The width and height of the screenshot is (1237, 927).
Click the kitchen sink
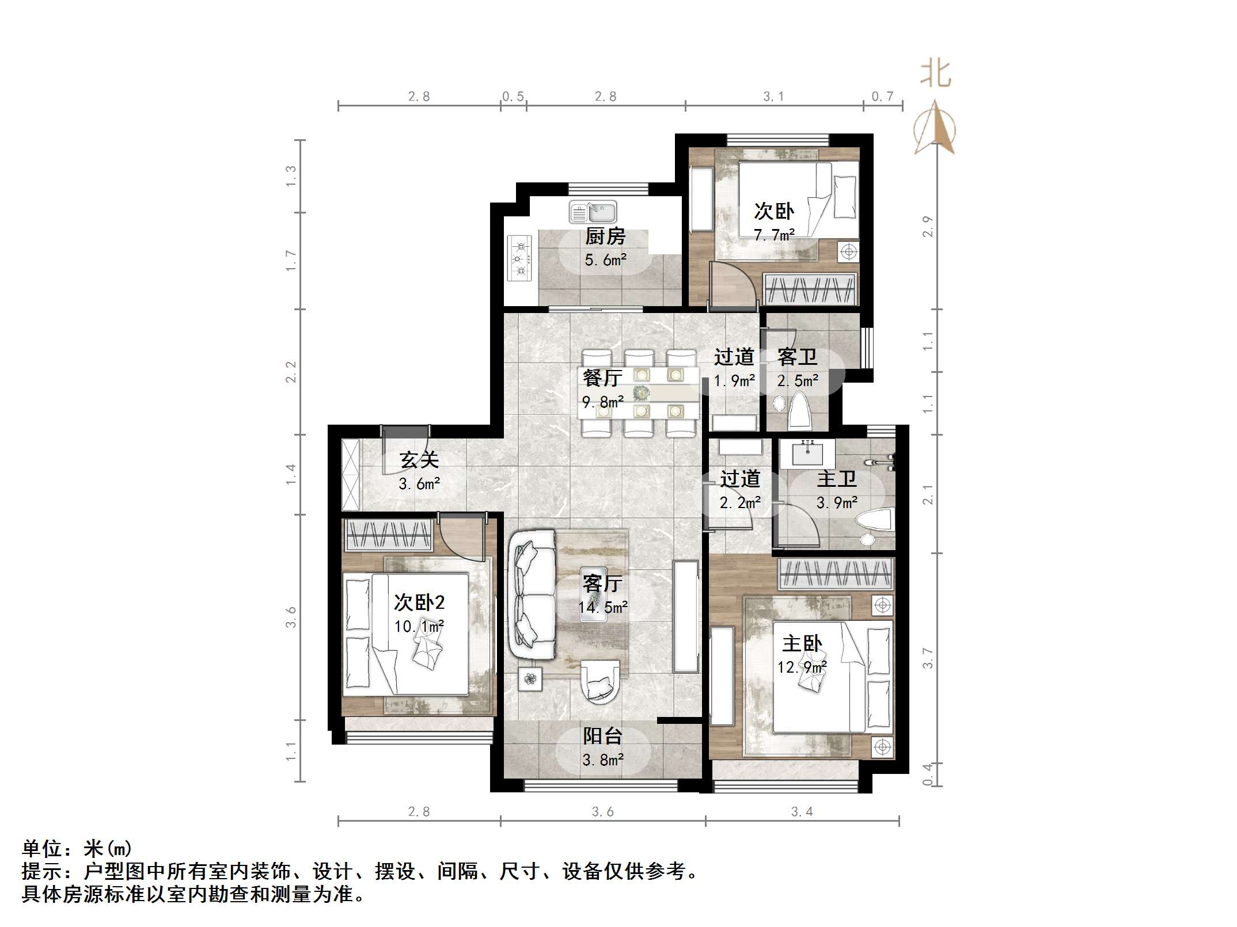593,212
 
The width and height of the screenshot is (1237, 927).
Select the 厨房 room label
605,236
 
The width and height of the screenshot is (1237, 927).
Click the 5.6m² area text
605,260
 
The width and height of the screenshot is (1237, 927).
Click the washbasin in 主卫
808,453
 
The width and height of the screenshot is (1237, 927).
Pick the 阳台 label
603,736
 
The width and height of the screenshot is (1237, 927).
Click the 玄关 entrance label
419,460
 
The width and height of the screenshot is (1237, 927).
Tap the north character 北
935,74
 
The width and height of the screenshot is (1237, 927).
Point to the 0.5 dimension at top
513,96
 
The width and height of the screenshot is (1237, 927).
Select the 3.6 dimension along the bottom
603,811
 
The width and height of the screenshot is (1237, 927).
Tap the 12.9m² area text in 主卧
802,667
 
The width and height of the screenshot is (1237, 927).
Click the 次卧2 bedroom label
419,602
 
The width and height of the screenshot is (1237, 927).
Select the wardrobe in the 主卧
835,573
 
